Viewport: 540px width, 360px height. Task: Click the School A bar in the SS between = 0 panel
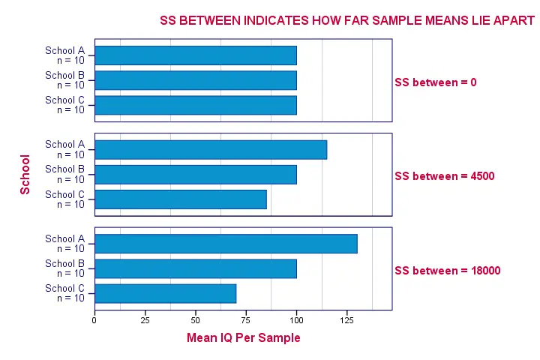196,55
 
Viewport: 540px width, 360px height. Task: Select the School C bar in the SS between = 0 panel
196,105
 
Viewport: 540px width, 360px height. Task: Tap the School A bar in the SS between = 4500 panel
211,149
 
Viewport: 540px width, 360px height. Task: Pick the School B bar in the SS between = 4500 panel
196,174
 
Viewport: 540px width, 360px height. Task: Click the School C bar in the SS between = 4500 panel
181,199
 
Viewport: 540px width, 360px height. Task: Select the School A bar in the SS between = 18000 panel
226,244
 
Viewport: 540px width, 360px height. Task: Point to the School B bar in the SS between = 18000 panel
196,268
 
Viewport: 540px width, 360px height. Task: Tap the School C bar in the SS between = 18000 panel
166,293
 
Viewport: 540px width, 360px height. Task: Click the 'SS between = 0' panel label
436,82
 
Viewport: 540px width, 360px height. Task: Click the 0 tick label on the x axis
94,319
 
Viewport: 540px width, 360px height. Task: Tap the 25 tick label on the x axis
145,319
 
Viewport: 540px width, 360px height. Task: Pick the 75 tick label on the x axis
246,319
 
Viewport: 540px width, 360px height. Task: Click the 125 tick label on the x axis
346,319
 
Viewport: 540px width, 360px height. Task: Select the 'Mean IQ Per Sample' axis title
243,338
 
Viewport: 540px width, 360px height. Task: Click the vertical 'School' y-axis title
25,175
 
